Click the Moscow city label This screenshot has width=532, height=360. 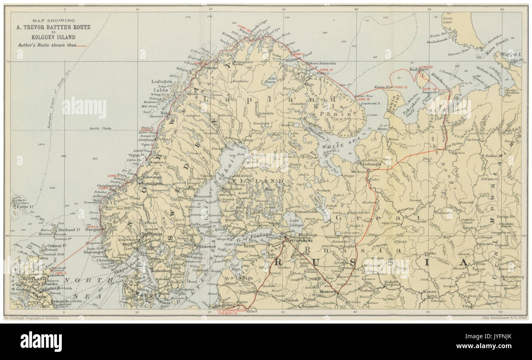tap(327, 291)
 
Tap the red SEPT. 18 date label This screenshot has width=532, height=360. tap(440, 89)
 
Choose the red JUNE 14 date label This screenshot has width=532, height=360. tap(363, 100)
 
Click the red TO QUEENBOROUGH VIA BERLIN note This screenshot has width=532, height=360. tap(232, 312)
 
